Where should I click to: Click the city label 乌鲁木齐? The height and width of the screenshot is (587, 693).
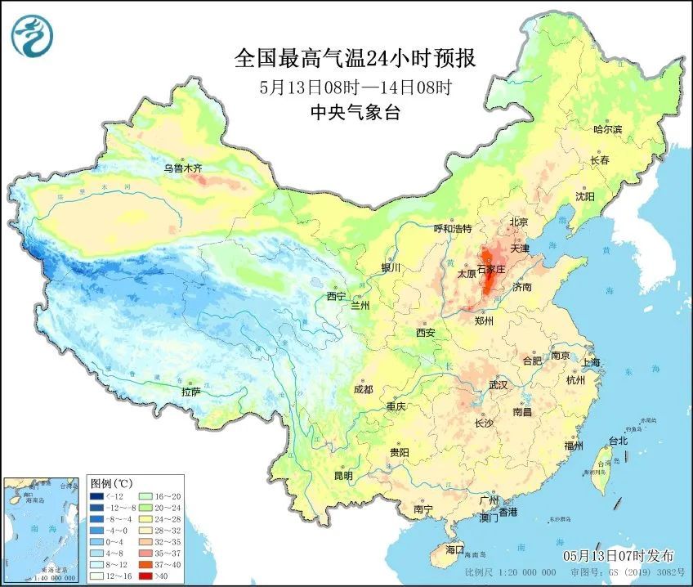point(181,168)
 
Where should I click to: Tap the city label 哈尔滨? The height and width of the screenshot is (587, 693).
point(607,129)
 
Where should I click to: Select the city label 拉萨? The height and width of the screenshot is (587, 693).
point(190,392)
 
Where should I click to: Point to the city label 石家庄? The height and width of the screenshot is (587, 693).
point(492,267)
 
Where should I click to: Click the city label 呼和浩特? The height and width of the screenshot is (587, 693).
point(452,229)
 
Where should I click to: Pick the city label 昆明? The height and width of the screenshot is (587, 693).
point(343,475)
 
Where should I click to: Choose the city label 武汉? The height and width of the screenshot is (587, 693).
point(498,384)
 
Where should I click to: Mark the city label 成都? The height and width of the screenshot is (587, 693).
point(364,390)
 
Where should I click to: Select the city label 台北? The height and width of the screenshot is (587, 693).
point(618,441)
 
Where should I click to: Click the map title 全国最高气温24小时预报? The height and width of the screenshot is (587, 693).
point(355,59)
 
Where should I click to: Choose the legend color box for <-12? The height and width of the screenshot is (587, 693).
point(96,496)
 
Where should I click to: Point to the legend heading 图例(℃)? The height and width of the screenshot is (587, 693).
point(114,483)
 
